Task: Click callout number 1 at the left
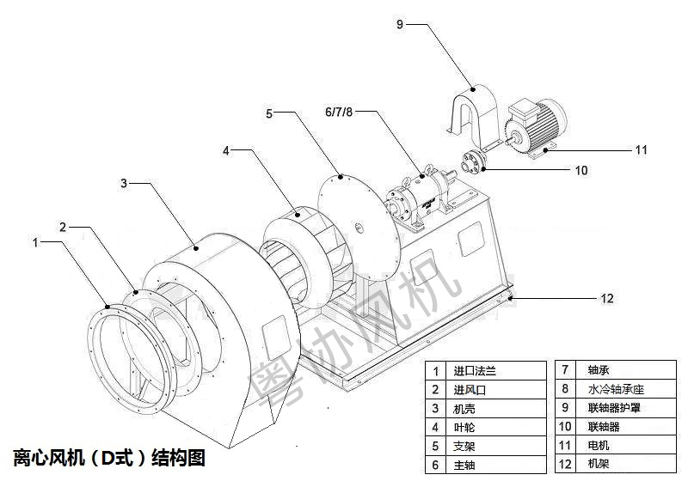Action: click(35, 243)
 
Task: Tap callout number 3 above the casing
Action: click(124, 183)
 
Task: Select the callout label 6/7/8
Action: click(339, 113)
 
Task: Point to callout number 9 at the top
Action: click(400, 24)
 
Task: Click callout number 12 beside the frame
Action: click(607, 298)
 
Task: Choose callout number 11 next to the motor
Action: click(641, 149)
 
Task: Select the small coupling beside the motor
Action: click(472, 161)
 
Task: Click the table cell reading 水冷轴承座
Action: click(622, 389)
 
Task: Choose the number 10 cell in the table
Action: click(565, 427)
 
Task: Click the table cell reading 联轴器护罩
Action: click(622, 408)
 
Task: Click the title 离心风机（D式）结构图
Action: click(109, 457)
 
